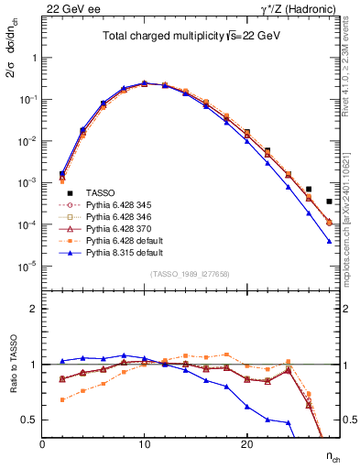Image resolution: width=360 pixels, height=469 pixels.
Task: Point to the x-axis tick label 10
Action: (x=144, y=444)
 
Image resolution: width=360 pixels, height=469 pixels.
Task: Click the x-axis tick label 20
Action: (x=246, y=444)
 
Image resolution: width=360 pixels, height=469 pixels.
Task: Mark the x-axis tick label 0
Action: (x=42, y=444)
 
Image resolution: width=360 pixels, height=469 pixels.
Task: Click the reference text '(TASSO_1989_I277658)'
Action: (x=190, y=275)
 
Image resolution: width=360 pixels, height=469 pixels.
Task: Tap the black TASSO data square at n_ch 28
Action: (x=329, y=202)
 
